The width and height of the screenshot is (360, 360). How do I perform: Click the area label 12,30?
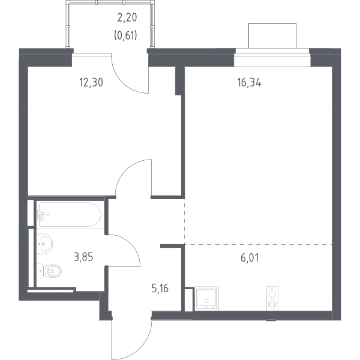coord(91,82)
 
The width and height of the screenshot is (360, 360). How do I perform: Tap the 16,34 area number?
coord(249,82)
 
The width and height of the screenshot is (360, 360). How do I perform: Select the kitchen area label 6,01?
coord(250,257)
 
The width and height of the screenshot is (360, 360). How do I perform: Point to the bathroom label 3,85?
coord(83,257)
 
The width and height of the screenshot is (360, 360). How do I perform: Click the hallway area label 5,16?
coord(160,289)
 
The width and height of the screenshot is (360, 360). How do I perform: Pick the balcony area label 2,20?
coord(127,17)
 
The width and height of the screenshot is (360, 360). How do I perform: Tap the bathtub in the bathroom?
coord(70,214)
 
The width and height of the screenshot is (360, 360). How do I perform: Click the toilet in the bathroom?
coord(49,271)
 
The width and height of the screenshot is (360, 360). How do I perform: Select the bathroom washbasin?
coord(44,244)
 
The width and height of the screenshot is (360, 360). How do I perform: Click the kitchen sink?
coord(206,298)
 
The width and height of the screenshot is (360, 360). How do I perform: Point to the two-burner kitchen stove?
coord(272,298)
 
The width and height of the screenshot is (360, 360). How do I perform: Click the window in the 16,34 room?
coord(272,58)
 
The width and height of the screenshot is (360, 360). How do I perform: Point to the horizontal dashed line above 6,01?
coord(259,244)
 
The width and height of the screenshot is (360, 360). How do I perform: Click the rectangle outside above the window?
coord(272,36)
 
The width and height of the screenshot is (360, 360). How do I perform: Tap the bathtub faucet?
coord(41,215)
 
